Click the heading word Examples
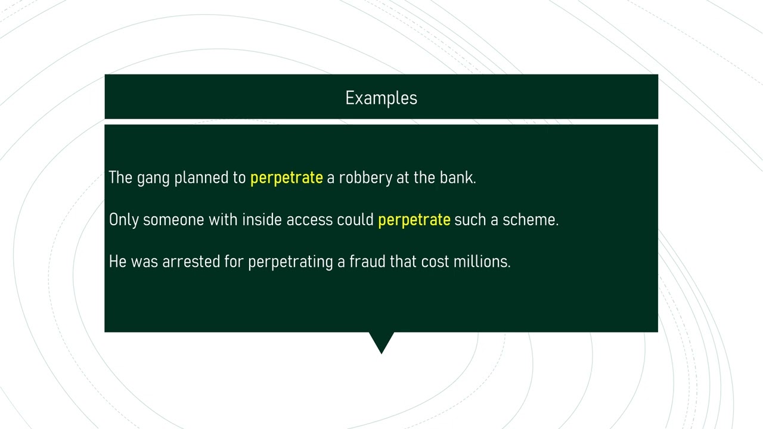point(381,98)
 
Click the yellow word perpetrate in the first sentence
point(286,178)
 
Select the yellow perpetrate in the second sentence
point(414,220)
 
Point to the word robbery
point(365,178)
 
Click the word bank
point(457,178)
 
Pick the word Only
point(123,220)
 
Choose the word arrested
point(191,262)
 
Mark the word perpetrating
point(290,262)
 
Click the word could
point(355,220)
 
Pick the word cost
point(435,262)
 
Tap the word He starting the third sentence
point(117,262)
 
